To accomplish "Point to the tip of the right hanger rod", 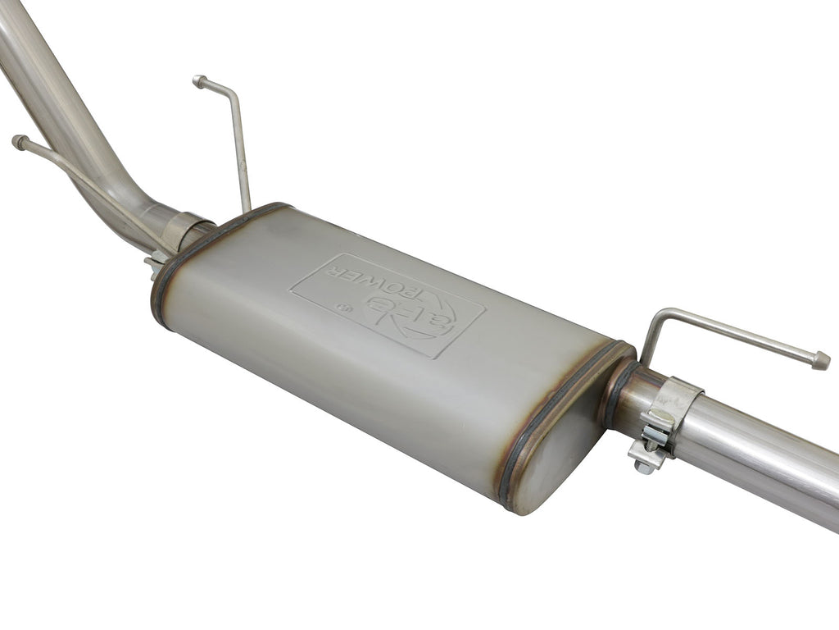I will click(821, 361).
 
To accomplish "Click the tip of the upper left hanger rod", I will click(199, 80).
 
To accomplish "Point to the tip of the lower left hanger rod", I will click(18, 142).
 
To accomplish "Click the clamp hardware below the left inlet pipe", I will click(154, 265).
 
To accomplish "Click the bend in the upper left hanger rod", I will click(232, 93).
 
